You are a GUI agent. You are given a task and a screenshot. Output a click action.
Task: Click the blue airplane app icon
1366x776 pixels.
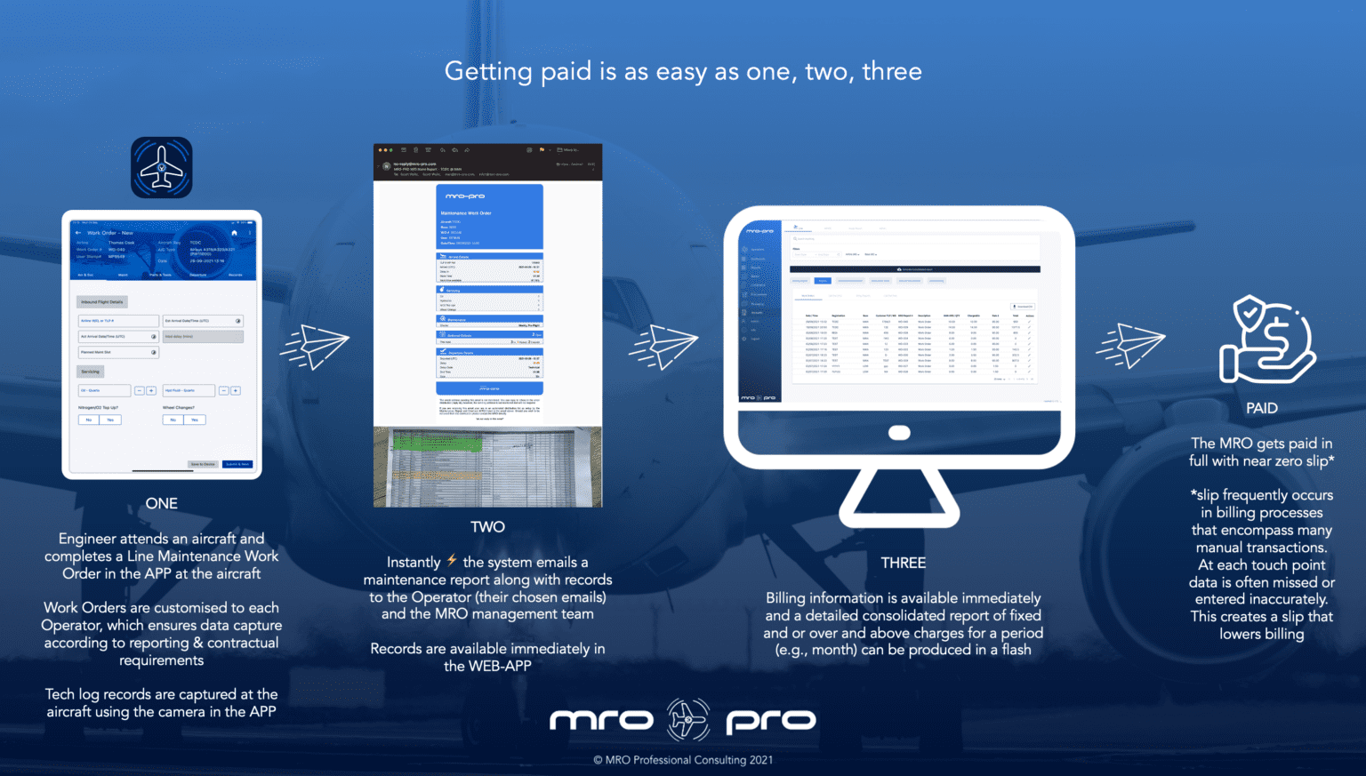point(161,167)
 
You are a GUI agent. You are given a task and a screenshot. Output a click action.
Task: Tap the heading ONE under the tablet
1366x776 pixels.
point(162,503)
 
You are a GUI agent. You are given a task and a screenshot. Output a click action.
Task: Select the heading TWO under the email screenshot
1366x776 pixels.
point(487,526)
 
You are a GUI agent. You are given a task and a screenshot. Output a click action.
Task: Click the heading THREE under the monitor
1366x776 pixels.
point(903,563)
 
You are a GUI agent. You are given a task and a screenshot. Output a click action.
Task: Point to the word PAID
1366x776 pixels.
point(1261,408)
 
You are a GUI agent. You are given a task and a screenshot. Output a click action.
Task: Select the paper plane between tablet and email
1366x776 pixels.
point(315,346)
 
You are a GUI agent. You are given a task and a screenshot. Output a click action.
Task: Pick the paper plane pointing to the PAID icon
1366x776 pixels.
point(1130,345)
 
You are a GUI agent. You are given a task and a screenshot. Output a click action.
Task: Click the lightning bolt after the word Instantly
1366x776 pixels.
point(452,560)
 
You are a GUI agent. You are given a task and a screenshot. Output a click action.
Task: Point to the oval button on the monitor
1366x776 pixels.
point(899,433)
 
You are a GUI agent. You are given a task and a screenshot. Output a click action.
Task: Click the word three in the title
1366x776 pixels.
point(891,71)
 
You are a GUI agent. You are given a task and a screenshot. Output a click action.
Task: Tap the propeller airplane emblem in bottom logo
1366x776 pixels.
point(688,719)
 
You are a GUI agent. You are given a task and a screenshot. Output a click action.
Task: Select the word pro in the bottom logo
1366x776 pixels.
point(770,721)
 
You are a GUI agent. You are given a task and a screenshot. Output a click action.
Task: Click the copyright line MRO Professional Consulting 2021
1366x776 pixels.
point(683,760)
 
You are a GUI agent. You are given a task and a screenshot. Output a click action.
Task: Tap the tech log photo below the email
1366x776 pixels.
point(487,468)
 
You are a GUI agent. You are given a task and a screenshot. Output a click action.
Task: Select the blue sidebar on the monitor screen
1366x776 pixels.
point(759,311)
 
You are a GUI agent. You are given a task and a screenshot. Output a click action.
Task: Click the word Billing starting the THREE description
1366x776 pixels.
point(785,598)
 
